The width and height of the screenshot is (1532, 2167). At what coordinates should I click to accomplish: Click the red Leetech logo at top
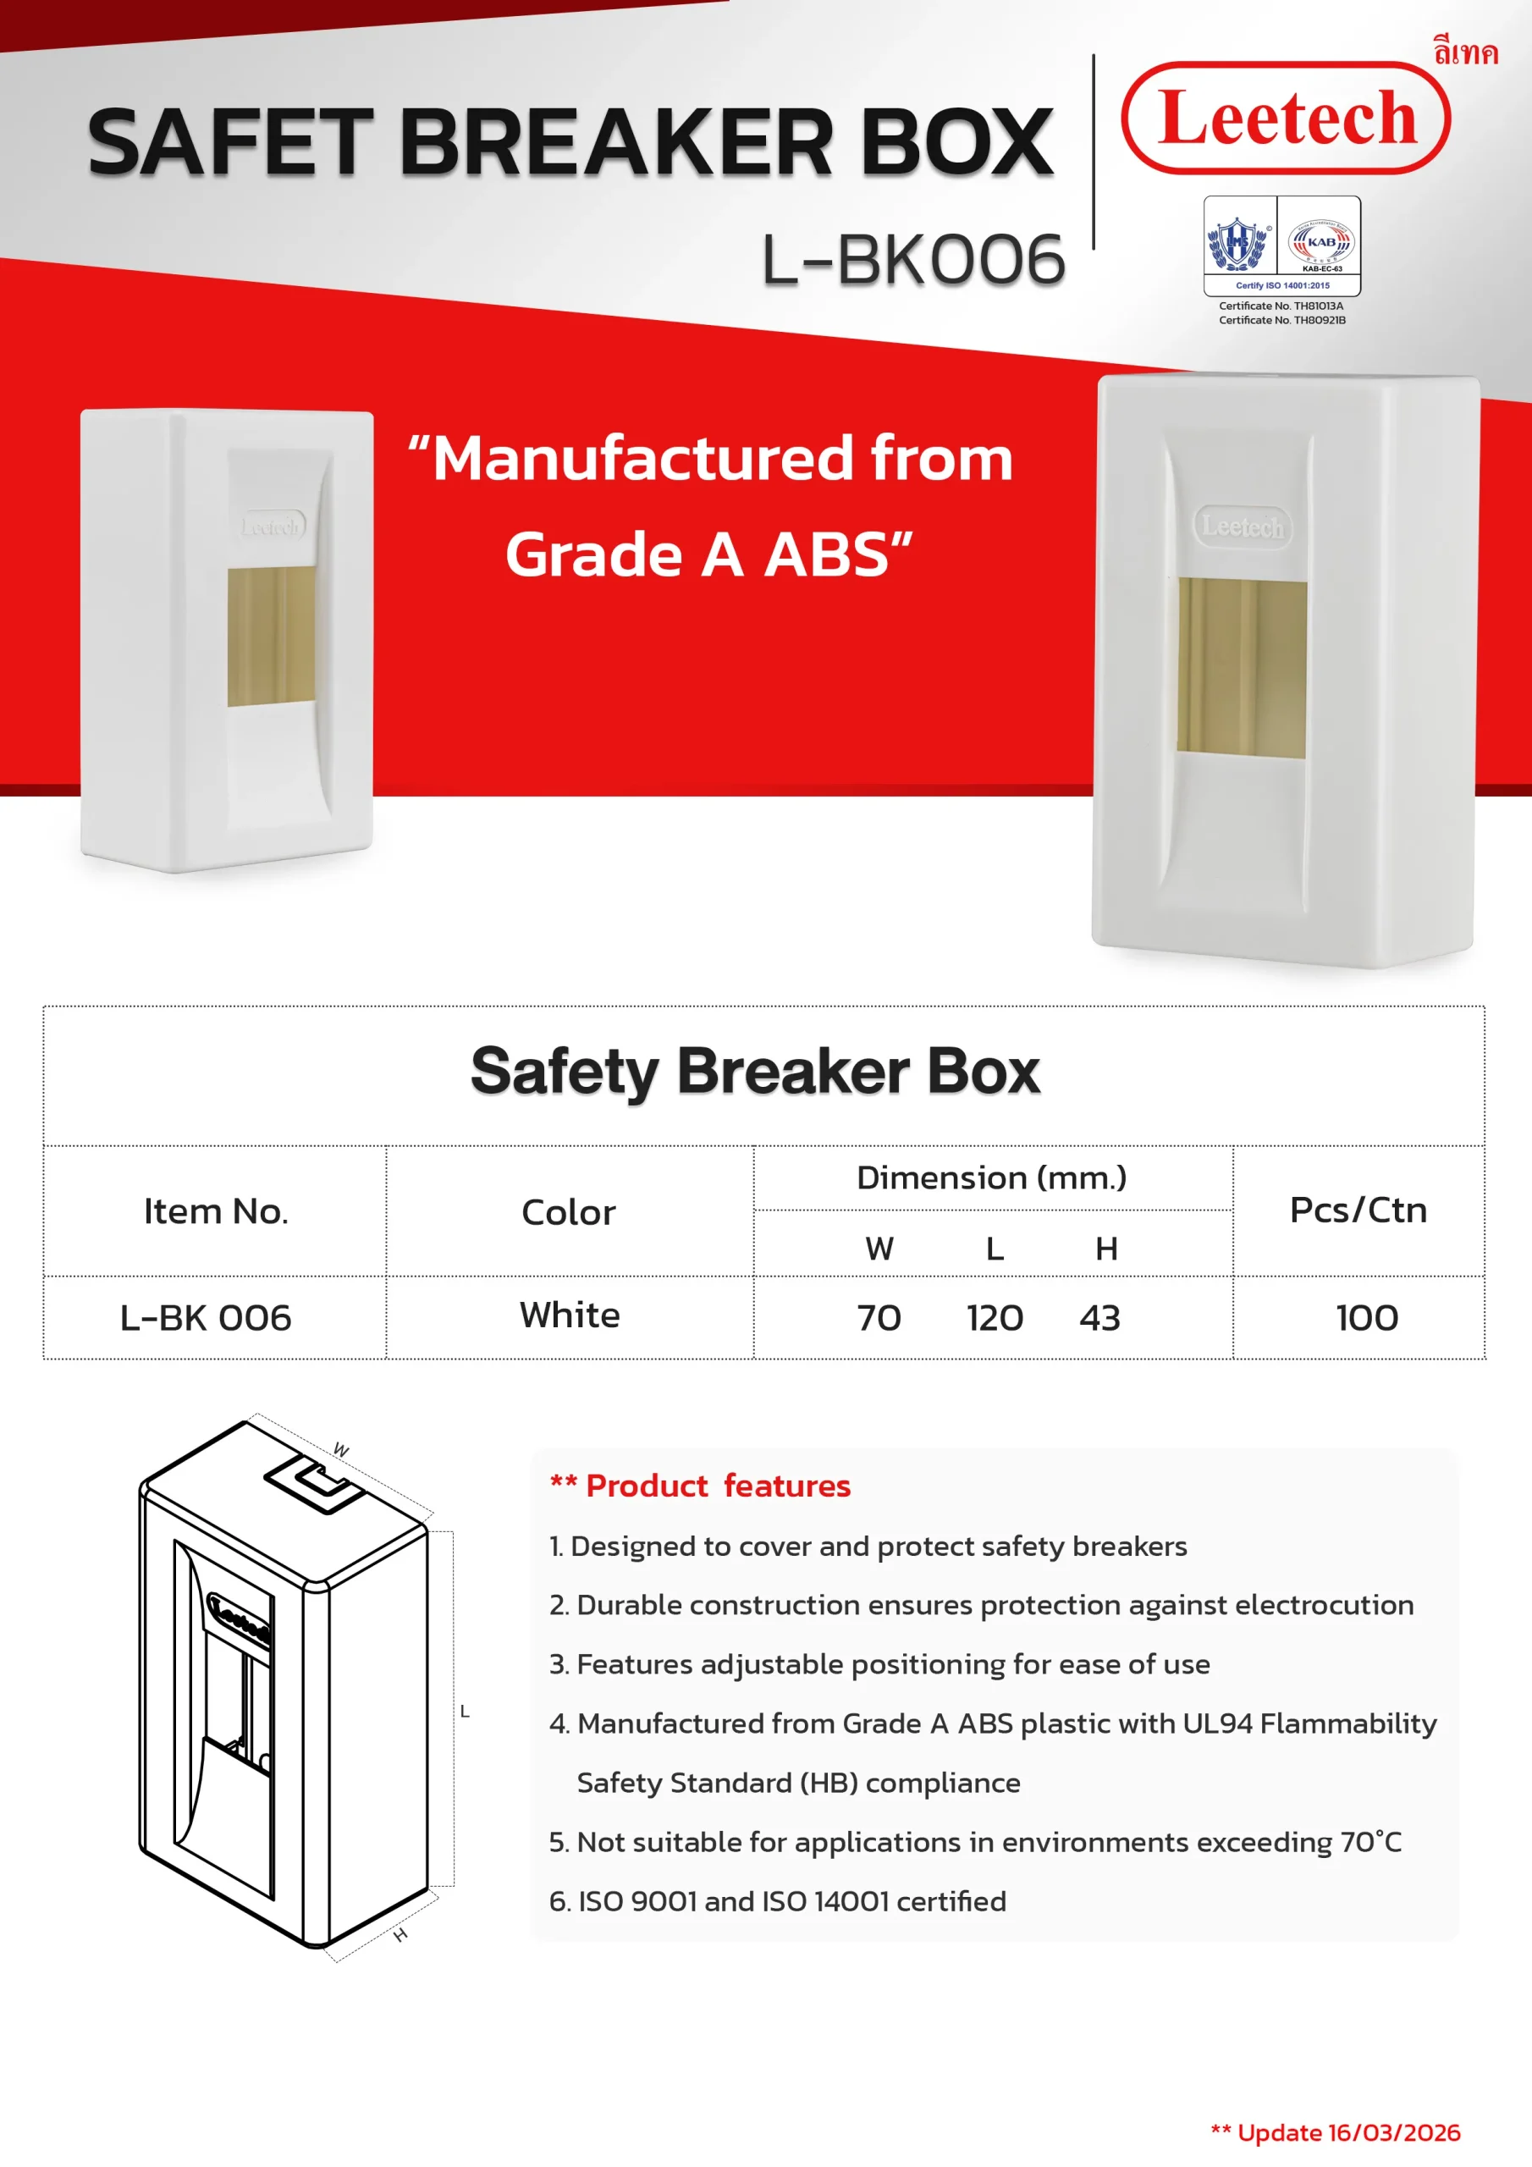[1286, 118]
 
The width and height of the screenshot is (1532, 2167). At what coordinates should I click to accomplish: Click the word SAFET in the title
[230, 141]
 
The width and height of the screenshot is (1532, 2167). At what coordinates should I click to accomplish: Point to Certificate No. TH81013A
[1281, 306]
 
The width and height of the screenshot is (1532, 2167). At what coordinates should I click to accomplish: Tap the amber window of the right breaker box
[1242, 668]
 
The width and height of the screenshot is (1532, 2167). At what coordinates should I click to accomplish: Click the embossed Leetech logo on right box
[1243, 526]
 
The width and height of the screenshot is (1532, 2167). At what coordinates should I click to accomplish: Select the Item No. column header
[215, 1211]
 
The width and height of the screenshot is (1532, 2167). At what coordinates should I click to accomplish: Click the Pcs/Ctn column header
[1358, 1210]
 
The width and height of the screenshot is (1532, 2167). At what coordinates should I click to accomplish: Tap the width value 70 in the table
[879, 1318]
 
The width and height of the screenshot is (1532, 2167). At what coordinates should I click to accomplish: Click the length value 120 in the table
[995, 1318]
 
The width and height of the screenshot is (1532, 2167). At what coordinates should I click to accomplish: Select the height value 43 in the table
[1099, 1318]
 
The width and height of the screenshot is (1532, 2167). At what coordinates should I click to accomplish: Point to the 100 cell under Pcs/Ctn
[1367, 1318]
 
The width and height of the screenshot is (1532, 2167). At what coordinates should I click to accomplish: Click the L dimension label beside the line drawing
[465, 1711]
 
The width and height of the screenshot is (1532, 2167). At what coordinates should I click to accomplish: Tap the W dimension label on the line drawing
[342, 1450]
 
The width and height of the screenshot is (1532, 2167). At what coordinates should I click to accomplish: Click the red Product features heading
[700, 1486]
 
